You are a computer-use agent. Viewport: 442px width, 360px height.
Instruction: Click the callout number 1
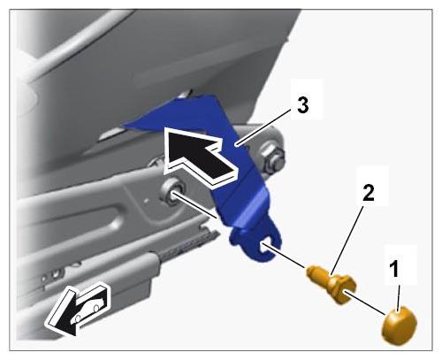tap(394, 268)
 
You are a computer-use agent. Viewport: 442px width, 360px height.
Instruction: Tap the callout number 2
tap(369, 193)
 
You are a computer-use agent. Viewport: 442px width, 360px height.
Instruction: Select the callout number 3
tap(303, 105)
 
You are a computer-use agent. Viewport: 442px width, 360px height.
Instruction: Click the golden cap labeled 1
tap(400, 326)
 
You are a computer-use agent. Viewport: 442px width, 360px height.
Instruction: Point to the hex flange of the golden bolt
tap(342, 289)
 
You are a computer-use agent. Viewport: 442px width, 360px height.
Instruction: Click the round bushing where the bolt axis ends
tap(171, 192)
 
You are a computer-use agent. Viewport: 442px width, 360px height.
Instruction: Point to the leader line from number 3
tap(264, 126)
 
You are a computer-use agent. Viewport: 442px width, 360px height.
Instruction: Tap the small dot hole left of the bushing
tap(147, 201)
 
